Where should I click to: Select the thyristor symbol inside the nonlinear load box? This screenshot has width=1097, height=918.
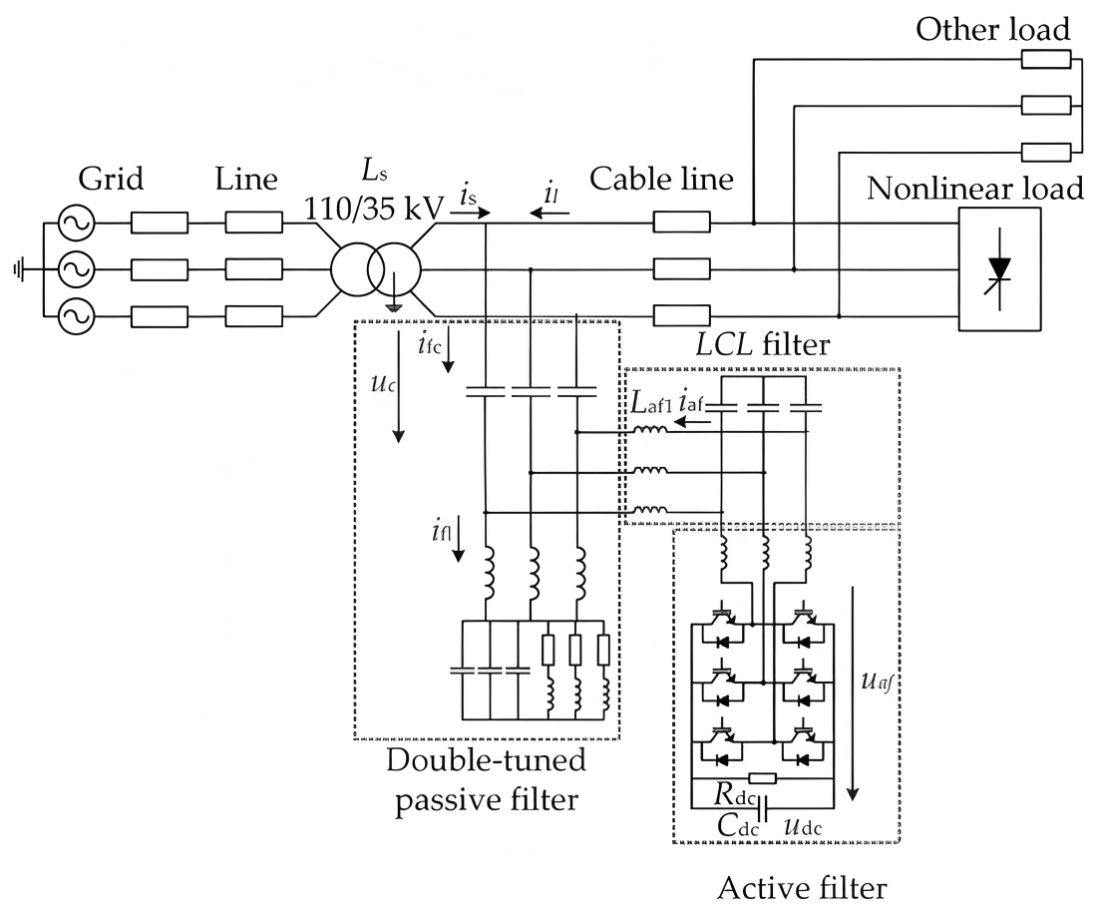(998, 270)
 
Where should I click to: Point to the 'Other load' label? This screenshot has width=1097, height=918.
(993, 29)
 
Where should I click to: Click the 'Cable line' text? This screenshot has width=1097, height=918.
(661, 180)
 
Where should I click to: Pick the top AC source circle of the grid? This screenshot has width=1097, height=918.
(76, 223)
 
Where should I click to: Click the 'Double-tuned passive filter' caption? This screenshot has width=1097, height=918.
(486, 780)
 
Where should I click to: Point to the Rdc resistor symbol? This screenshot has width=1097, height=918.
(762, 777)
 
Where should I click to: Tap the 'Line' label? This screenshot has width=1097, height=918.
(246, 180)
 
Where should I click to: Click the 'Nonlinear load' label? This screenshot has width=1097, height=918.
(975, 188)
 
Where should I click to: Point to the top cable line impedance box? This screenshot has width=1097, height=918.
(681, 223)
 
